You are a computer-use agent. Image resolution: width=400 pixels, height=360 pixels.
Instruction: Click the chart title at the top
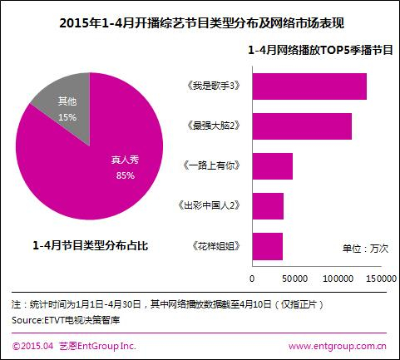(200, 23)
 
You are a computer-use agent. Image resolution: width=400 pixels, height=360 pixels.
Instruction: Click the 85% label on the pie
(126, 175)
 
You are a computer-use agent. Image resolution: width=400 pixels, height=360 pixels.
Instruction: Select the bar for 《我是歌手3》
(309, 86)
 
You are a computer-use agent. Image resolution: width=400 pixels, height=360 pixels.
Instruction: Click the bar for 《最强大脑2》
(301, 126)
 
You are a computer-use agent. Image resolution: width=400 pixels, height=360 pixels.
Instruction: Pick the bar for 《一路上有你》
(272, 166)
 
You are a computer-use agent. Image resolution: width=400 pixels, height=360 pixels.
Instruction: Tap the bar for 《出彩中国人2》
(267, 206)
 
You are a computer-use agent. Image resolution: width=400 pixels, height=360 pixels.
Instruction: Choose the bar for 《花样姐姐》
(267, 246)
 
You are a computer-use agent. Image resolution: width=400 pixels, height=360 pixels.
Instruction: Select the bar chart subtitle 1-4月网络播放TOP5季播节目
(320, 51)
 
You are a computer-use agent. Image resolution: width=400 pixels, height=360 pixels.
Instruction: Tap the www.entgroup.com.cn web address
(336, 345)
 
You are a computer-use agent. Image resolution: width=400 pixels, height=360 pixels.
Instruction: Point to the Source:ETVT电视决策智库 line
(65, 319)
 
